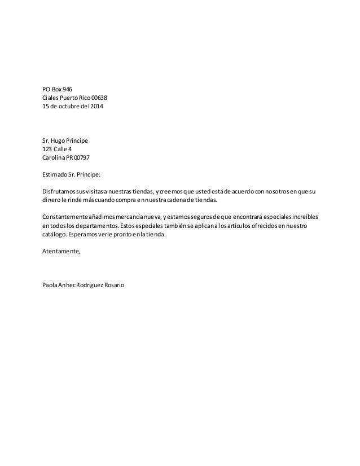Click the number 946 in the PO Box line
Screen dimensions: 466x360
tap(68, 89)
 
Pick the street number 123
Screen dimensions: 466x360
tap(49, 149)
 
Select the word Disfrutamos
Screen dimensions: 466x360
tap(60, 191)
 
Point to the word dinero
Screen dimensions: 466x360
tap(52, 200)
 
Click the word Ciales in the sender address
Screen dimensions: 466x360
tap(51, 98)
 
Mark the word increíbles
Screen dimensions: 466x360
tap(302, 217)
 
